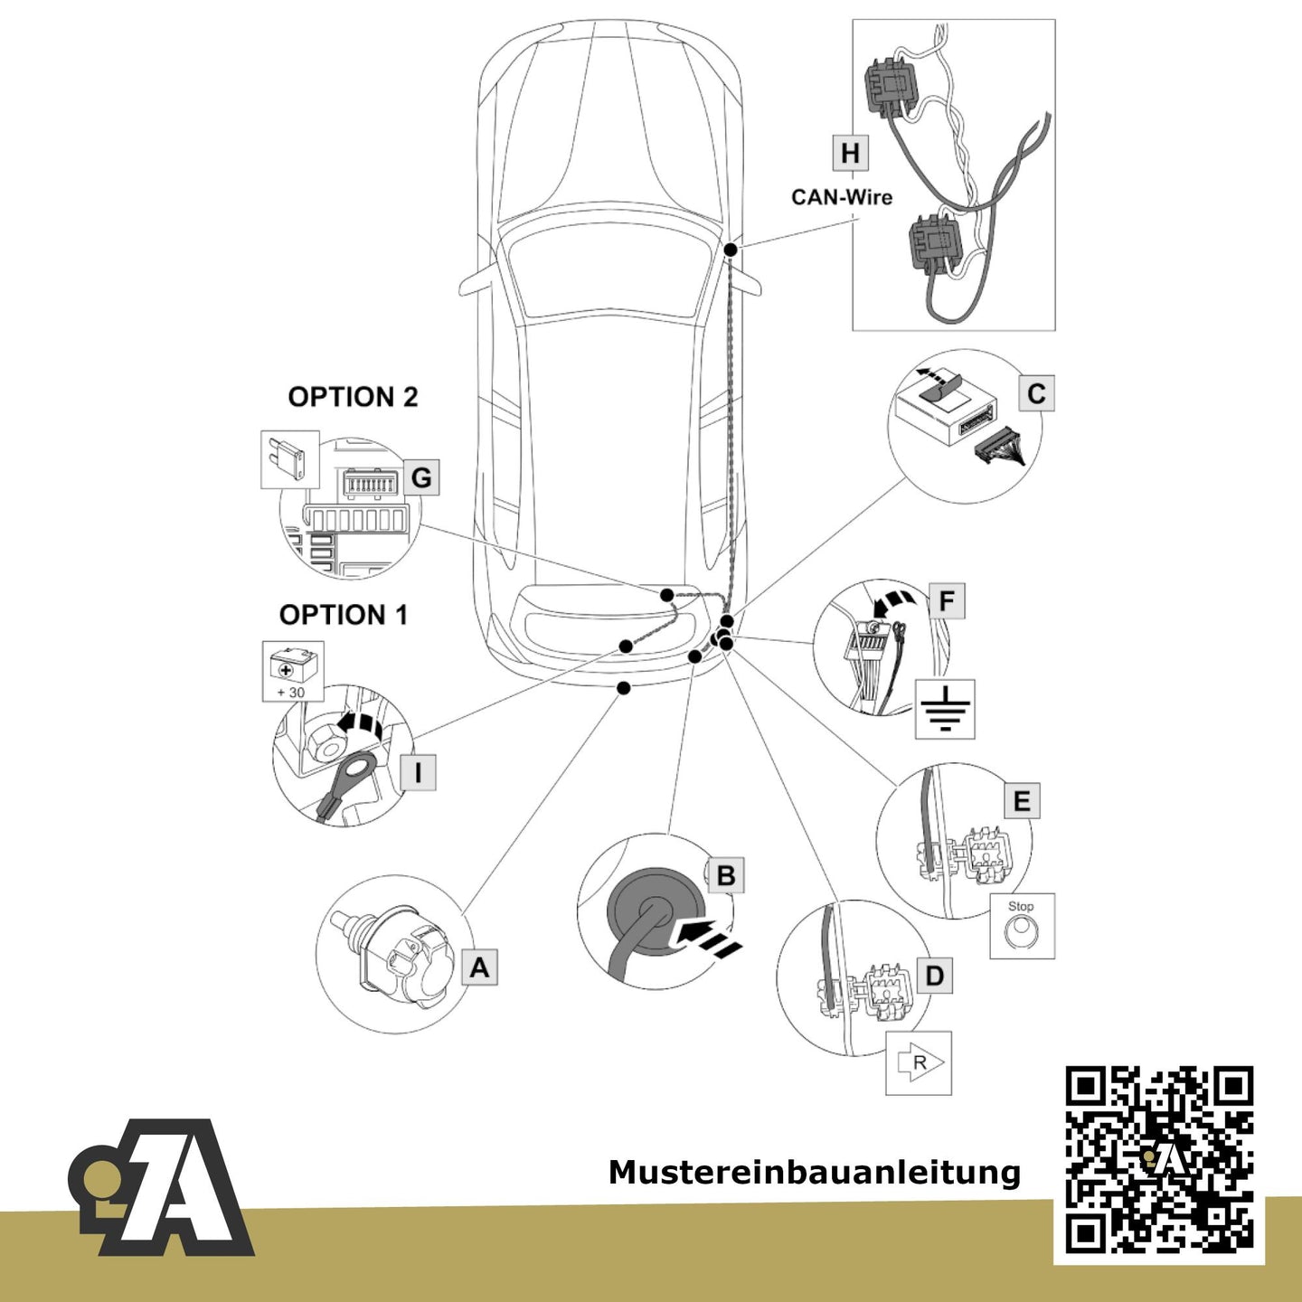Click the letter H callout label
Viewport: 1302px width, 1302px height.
(850, 153)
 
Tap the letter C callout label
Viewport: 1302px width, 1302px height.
(1036, 394)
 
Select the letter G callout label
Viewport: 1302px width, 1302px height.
(421, 477)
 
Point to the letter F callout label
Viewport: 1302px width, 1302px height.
(947, 600)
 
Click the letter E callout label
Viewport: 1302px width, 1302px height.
(1022, 801)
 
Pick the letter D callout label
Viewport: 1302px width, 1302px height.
(934, 976)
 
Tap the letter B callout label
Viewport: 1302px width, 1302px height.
(726, 875)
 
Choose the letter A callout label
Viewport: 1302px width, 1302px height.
(479, 967)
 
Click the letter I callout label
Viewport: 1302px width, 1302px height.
(419, 772)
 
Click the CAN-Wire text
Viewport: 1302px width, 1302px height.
(842, 197)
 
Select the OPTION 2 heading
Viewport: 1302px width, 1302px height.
(353, 397)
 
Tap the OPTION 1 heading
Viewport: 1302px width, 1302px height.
(344, 615)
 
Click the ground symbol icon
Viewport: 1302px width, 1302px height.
(945, 709)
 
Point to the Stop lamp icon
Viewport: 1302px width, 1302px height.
(1022, 926)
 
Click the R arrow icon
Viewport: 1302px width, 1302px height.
(919, 1062)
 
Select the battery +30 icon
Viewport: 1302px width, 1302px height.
(293, 671)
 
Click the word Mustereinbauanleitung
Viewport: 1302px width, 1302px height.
(814, 1173)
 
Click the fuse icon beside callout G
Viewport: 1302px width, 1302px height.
(290, 459)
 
